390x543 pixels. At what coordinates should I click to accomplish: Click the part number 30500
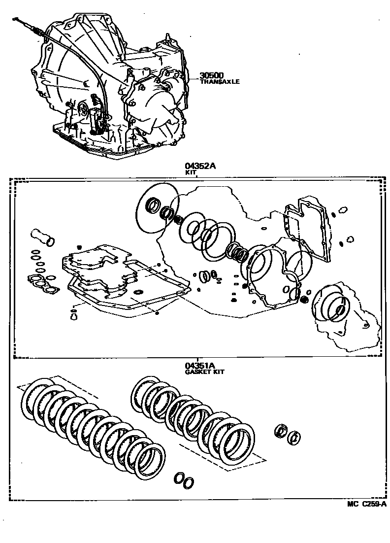point(212,76)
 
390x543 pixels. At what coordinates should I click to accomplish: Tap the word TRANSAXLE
point(220,82)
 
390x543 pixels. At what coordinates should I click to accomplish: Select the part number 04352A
point(200,167)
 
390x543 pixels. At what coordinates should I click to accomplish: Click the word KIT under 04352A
point(188,173)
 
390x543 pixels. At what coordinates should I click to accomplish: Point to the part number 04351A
point(200,366)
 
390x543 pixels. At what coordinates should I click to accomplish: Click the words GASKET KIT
point(204,372)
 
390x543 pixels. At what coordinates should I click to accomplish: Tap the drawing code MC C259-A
point(366,504)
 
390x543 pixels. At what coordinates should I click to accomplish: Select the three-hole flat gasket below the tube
point(42,284)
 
